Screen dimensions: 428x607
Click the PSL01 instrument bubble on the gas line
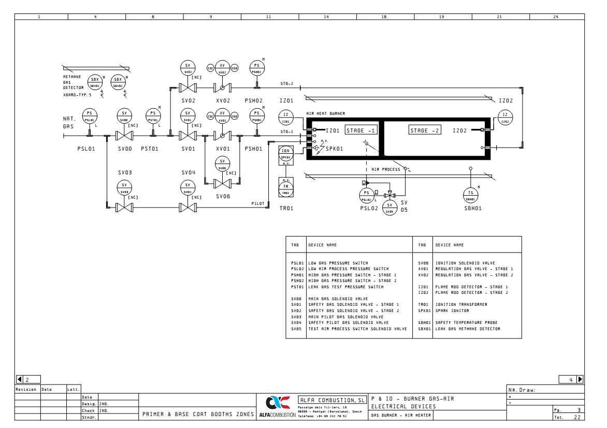coord(90,116)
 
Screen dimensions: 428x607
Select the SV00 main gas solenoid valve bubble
coord(124,116)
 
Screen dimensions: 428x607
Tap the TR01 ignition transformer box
coord(286,189)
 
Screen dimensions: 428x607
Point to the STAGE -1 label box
coord(361,130)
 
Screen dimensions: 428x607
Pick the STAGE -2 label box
coord(425,130)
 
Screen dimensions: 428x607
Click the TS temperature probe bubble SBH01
coord(470,195)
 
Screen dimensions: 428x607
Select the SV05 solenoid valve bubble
coord(389,208)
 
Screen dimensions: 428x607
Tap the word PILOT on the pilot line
coord(258,203)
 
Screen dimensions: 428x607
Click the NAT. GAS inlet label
coord(69,122)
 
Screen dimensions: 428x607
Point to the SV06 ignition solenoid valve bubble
coord(222,164)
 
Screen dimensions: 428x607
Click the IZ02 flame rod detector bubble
coord(505,117)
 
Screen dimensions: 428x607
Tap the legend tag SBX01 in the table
coord(424,329)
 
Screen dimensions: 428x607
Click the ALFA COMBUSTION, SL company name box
coord(332,400)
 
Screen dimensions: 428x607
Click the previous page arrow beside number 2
coord(20,379)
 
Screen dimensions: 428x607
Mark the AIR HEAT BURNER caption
coord(325,113)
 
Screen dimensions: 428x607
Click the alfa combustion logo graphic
coord(274,403)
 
